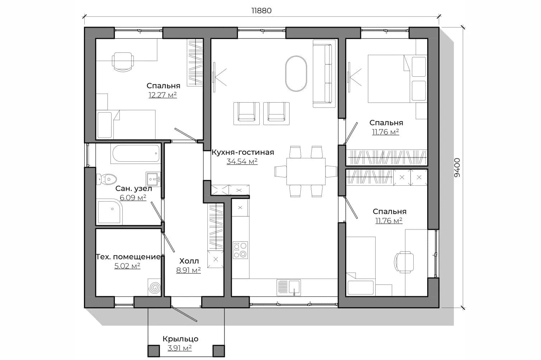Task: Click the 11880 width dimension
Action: (261, 11)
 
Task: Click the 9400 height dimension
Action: (457, 167)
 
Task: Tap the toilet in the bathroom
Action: (107, 179)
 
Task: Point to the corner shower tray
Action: (109, 212)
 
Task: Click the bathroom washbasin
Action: (153, 179)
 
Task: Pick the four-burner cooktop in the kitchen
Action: (240, 250)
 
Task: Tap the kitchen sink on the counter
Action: (288, 287)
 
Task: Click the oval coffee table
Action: (296, 74)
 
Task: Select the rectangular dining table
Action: (306, 171)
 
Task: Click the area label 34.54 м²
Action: (242, 161)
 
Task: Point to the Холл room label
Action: (189, 261)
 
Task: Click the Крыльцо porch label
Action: (180, 339)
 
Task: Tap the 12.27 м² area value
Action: (163, 95)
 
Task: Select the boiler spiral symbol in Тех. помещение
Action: (155, 288)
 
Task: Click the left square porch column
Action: (154, 351)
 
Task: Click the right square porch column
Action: (218, 351)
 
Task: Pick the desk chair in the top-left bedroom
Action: (123, 62)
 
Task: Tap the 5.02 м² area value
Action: (127, 266)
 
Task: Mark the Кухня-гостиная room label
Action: (243, 152)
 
